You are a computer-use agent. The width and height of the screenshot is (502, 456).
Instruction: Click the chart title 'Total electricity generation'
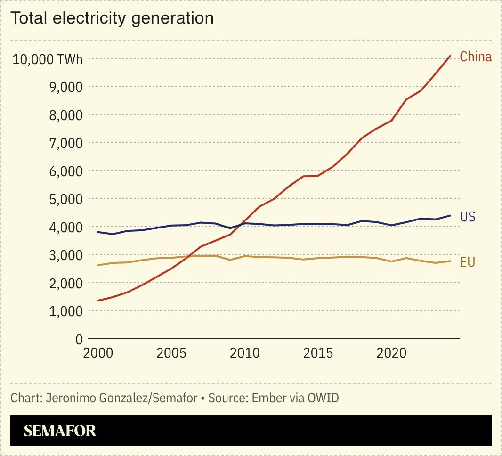pos(112,18)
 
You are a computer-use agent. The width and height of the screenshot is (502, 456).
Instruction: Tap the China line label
pos(475,57)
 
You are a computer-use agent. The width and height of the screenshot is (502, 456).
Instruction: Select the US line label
pos(467,217)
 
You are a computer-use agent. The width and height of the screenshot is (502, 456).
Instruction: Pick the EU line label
pos(467,262)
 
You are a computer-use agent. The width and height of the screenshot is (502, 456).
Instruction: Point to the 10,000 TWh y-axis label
pos(47,59)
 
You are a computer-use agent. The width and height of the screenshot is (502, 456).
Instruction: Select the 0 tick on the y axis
pos(78,340)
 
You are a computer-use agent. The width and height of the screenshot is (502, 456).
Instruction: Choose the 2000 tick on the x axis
pos(98,353)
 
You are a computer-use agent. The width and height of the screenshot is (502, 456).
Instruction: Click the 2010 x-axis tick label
pos(245,353)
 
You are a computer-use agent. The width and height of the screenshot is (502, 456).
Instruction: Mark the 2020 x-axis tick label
pos(392,353)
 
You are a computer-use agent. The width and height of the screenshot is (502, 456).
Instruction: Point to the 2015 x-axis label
pos(318,353)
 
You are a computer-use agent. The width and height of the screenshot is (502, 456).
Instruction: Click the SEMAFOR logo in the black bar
pos(60,431)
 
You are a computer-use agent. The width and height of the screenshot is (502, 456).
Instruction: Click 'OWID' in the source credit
pos(323,398)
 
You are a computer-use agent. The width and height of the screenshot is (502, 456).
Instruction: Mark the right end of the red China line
pos(451,56)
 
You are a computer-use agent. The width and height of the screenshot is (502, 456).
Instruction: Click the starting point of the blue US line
pos(98,232)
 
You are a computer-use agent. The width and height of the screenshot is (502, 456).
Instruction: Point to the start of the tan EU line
pos(98,265)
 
